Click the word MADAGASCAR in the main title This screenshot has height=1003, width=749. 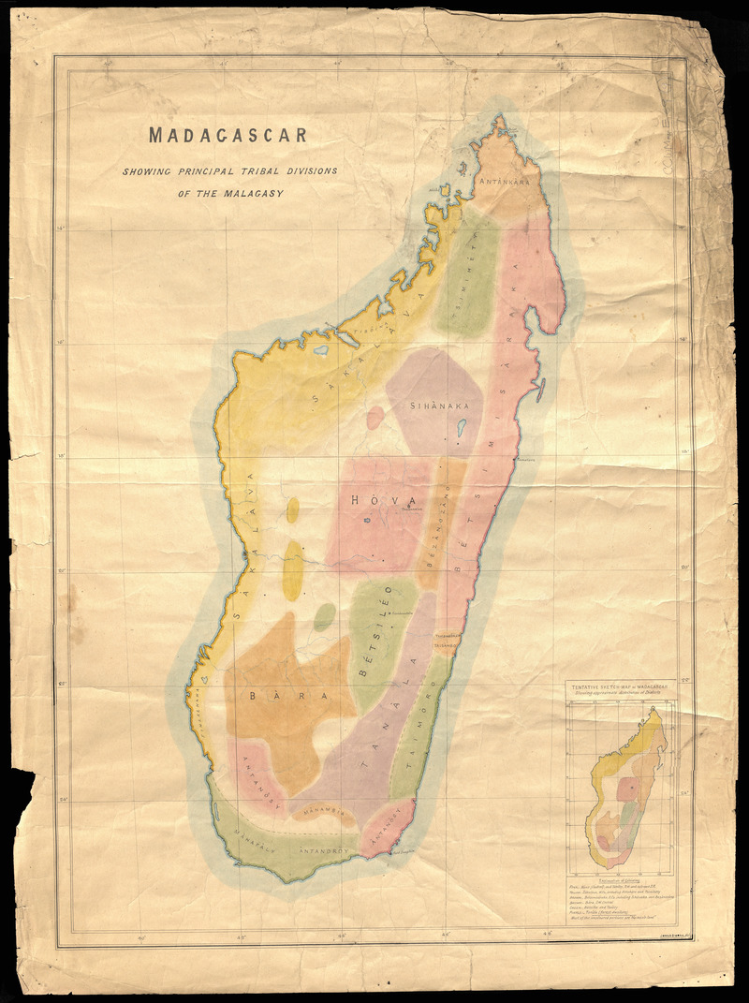228,134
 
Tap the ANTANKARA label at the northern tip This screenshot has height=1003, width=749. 507,182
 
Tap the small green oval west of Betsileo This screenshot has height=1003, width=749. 324,617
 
